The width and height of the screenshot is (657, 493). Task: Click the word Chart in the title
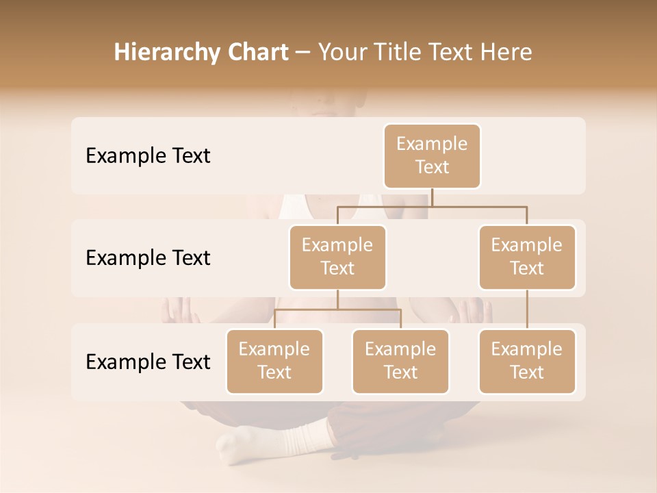(x=257, y=52)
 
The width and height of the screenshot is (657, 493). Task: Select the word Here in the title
(x=508, y=52)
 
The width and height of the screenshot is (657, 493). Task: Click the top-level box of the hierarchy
(x=432, y=155)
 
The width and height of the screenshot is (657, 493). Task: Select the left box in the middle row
(x=337, y=257)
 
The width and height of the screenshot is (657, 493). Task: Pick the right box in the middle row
(x=527, y=257)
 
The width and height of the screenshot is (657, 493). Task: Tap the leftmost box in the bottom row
(x=274, y=361)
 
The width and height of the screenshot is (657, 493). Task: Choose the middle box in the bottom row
(x=400, y=361)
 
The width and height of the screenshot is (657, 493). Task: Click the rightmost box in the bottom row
(x=527, y=361)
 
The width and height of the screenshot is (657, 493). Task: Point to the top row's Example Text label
(x=148, y=155)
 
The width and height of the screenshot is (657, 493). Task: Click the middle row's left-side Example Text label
(x=148, y=257)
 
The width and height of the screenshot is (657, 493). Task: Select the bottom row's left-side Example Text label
(x=148, y=362)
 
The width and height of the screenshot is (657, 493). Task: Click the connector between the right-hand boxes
(x=527, y=309)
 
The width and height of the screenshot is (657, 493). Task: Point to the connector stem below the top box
(x=432, y=197)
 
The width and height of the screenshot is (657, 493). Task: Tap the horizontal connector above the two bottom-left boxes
(x=337, y=309)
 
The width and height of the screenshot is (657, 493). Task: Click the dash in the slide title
(x=303, y=53)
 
